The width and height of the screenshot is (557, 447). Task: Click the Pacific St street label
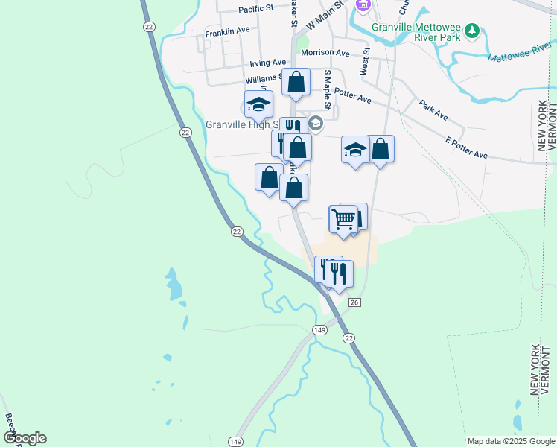point(257,10)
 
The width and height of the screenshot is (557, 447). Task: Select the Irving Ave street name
point(268,63)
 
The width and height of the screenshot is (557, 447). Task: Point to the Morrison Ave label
point(325,54)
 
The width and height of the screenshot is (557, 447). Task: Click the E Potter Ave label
point(466,147)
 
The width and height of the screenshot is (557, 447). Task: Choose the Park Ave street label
point(433,110)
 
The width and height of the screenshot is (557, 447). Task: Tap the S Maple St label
point(326,87)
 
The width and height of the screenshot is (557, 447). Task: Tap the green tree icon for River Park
point(471,31)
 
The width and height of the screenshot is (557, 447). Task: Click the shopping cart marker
point(343,219)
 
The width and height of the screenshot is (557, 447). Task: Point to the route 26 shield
point(354,302)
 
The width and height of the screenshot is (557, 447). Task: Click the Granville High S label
point(241,124)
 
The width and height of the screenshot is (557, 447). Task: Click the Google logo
point(24,438)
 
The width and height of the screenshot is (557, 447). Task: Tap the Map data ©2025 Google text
point(510,441)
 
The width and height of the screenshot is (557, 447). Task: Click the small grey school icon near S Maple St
point(316,124)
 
